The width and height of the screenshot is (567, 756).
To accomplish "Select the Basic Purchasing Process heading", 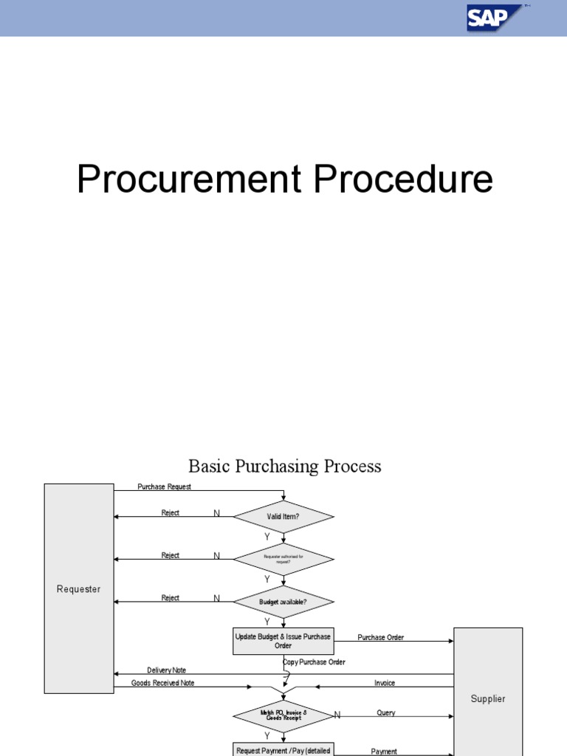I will pyautogui.click(x=285, y=467).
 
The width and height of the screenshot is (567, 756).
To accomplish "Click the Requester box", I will pyautogui.click(x=78, y=588).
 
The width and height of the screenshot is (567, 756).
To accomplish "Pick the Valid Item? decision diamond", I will pyautogui.click(x=283, y=517).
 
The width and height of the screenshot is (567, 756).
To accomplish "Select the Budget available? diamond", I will pyautogui.click(x=283, y=602).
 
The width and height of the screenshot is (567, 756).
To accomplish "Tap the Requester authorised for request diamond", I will pyautogui.click(x=283, y=560).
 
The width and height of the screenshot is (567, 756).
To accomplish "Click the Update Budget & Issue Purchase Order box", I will pyautogui.click(x=283, y=641).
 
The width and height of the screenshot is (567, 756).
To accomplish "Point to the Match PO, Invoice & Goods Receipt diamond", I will pyautogui.click(x=283, y=715).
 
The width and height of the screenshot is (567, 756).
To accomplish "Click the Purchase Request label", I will pyautogui.click(x=165, y=487).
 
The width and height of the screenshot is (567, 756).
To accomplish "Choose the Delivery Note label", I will pyautogui.click(x=166, y=670).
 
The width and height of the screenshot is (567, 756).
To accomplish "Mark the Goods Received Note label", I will pyautogui.click(x=163, y=684).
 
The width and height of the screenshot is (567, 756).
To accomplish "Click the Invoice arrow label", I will pyautogui.click(x=385, y=684).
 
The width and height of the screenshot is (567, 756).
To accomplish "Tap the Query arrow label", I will pyautogui.click(x=386, y=713).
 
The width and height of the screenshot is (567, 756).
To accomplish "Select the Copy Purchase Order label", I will pyautogui.click(x=315, y=662).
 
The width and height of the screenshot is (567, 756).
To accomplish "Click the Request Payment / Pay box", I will pyautogui.click(x=283, y=749).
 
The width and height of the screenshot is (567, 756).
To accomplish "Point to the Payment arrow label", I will pyautogui.click(x=384, y=752).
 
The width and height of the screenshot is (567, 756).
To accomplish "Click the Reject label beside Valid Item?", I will pyautogui.click(x=171, y=513).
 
